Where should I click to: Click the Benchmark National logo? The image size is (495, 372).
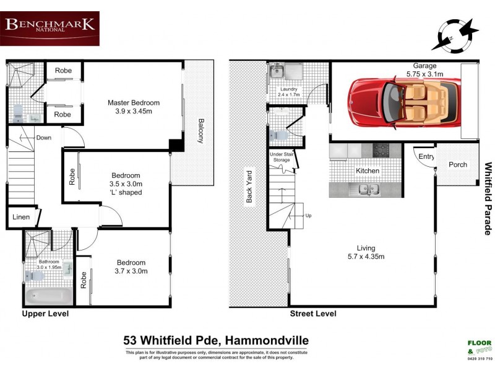[x=50, y=28]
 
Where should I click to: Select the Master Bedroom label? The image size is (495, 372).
[x=133, y=103]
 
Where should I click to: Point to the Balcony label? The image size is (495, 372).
[x=200, y=131]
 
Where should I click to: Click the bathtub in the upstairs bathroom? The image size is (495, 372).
[x=48, y=295]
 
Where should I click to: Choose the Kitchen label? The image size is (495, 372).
[x=367, y=170]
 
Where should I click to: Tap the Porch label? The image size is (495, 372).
[x=458, y=165]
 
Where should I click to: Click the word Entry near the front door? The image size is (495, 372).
[x=426, y=157]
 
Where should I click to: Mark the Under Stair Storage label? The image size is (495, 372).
[x=281, y=156]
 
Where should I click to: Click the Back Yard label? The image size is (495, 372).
[x=249, y=186]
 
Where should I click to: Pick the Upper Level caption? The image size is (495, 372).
[x=45, y=314]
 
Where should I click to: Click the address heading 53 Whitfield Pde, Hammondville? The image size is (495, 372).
[x=215, y=340]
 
